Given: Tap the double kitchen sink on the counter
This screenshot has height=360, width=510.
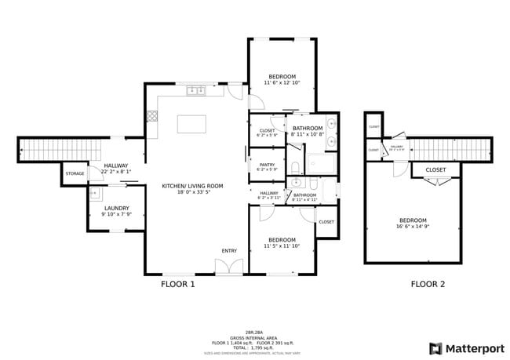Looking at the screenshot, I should click(195, 91).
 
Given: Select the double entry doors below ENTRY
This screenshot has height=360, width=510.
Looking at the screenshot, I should click(228, 267).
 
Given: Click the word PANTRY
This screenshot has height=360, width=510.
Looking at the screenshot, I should click(268, 165).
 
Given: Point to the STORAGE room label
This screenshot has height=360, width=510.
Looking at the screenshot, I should click(75, 173).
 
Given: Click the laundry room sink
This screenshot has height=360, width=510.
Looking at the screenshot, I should click(94, 192).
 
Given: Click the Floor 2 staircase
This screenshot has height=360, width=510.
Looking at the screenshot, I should click(450, 147).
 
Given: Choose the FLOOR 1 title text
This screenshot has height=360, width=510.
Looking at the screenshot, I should click(177, 284).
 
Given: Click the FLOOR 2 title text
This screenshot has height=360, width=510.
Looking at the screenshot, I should click(428, 284).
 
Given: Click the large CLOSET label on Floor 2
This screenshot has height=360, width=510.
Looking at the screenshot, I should click(436, 169).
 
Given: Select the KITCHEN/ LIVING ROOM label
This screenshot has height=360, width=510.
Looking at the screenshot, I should click(192, 186).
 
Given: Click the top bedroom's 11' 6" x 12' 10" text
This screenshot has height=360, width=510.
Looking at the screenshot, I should click(282, 82).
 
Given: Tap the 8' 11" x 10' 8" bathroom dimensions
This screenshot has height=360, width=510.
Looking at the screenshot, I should click(307, 134).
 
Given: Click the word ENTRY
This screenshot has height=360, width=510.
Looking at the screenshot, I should click(228, 251).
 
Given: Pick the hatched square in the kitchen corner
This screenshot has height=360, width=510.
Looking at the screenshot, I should click(152, 115).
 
